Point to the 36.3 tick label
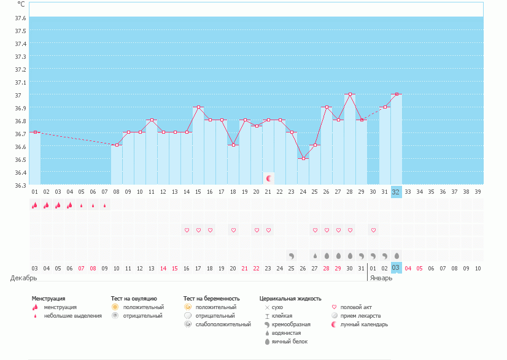pyautogui.click(x=20, y=185)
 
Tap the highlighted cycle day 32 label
pyautogui.click(x=396, y=191)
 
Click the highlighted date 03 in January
pyautogui.click(x=396, y=268)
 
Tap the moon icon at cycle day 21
pyautogui.click(x=268, y=178)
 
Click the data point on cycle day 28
pyautogui.click(x=350, y=94)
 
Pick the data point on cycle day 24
pyautogui.click(x=303, y=158)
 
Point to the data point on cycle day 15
pyautogui.click(x=198, y=107)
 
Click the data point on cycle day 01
pyautogui.click(x=35, y=132)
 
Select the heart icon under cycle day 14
pyautogui.click(x=187, y=230)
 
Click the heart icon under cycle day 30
pyautogui.click(x=373, y=230)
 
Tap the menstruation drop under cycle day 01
pyautogui.click(x=35, y=205)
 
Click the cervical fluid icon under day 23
pyautogui.click(x=292, y=255)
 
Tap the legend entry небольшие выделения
pyautogui.click(x=72, y=316)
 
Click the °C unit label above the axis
pyautogui.click(x=21, y=4)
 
